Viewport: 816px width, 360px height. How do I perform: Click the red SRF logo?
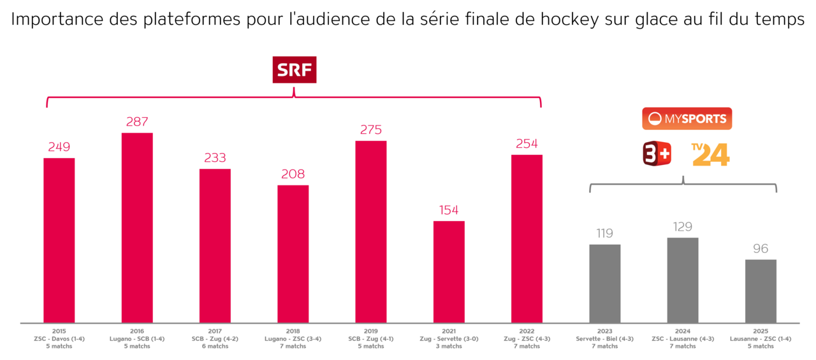tap(295, 70)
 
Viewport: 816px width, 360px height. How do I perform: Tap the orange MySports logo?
tap(687, 119)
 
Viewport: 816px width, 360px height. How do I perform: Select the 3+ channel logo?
tap(657, 154)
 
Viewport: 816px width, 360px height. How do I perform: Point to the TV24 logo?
tap(710, 154)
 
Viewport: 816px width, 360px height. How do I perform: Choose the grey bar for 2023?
tap(604, 284)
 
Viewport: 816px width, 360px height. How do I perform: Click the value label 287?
tap(137, 122)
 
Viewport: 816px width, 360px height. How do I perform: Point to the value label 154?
tap(449, 210)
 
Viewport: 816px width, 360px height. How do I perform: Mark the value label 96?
tap(761, 248)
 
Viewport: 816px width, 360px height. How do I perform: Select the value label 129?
tap(683, 227)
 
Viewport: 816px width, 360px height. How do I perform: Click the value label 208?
tap(293, 174)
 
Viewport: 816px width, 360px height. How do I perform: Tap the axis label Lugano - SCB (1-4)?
tap(137, 339)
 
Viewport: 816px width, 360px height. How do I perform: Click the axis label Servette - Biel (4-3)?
tap(604, 339)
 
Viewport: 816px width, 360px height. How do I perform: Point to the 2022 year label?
tap(527, 331)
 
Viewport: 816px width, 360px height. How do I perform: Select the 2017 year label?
tap(215, 331)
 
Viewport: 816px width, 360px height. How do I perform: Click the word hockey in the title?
tap(571, 20)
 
